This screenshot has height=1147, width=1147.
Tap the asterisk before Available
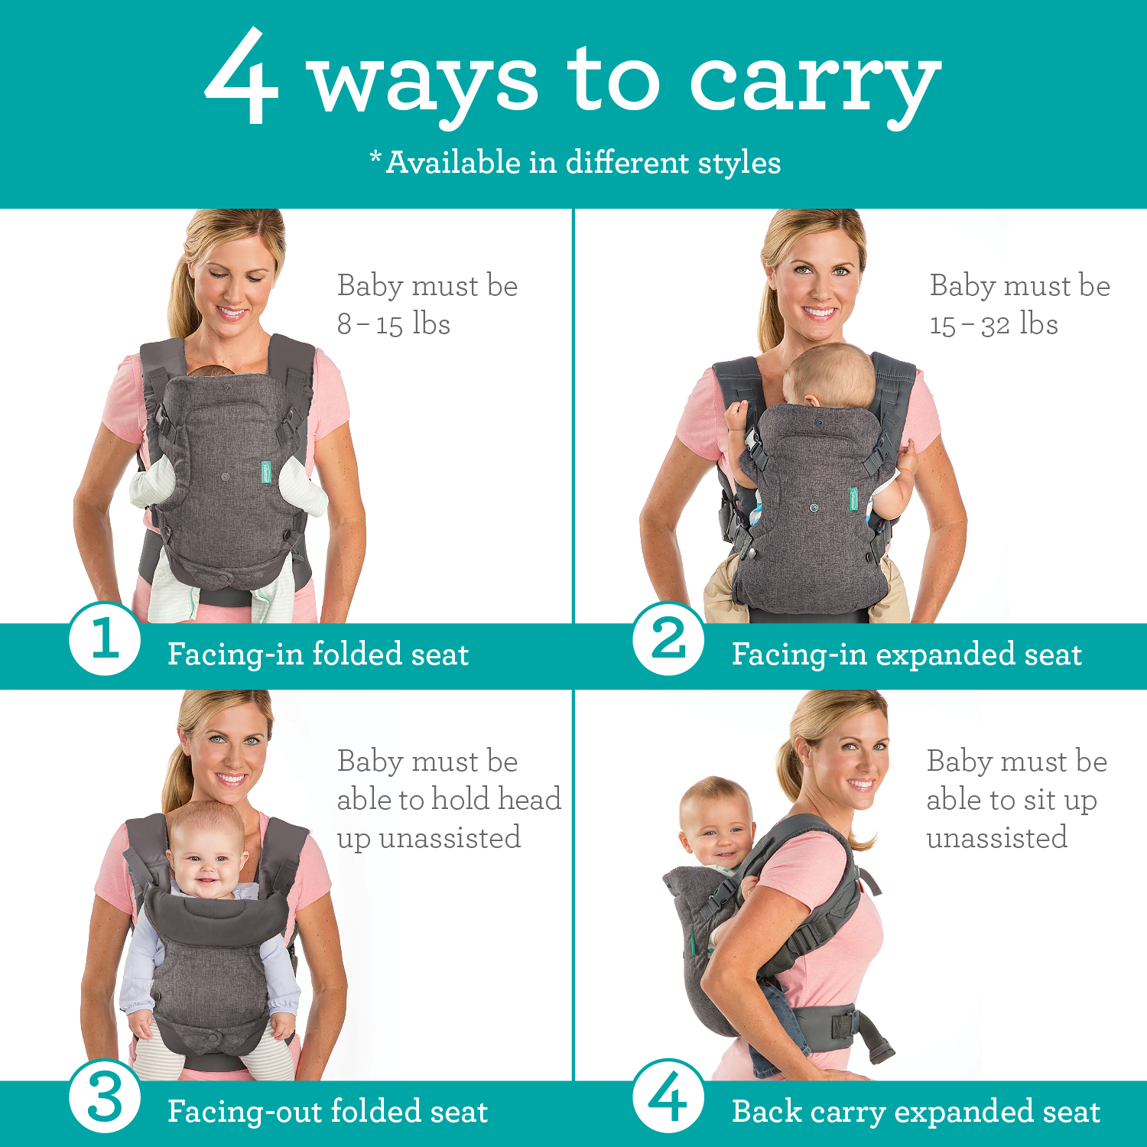click(x=375, y=158)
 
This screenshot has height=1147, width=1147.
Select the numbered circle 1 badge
click(x=105, y=638)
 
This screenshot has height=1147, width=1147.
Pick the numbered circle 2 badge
click(x=668, y=638)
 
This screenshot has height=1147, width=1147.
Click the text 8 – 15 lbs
click(x=394, y=324)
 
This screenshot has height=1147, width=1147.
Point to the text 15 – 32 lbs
click(x=993, y=324)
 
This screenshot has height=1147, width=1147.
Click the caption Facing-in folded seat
click(x=317, y=655)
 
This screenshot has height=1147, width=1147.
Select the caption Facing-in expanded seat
click(x=906, y=655)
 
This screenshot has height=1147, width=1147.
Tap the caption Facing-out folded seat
click(x=327, y=1112)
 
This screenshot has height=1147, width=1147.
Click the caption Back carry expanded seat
click(x=915, y=1112)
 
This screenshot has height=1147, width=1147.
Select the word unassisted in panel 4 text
click(x=996, y=838)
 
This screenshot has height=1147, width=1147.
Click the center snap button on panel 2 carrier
click(x=813, y=507)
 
